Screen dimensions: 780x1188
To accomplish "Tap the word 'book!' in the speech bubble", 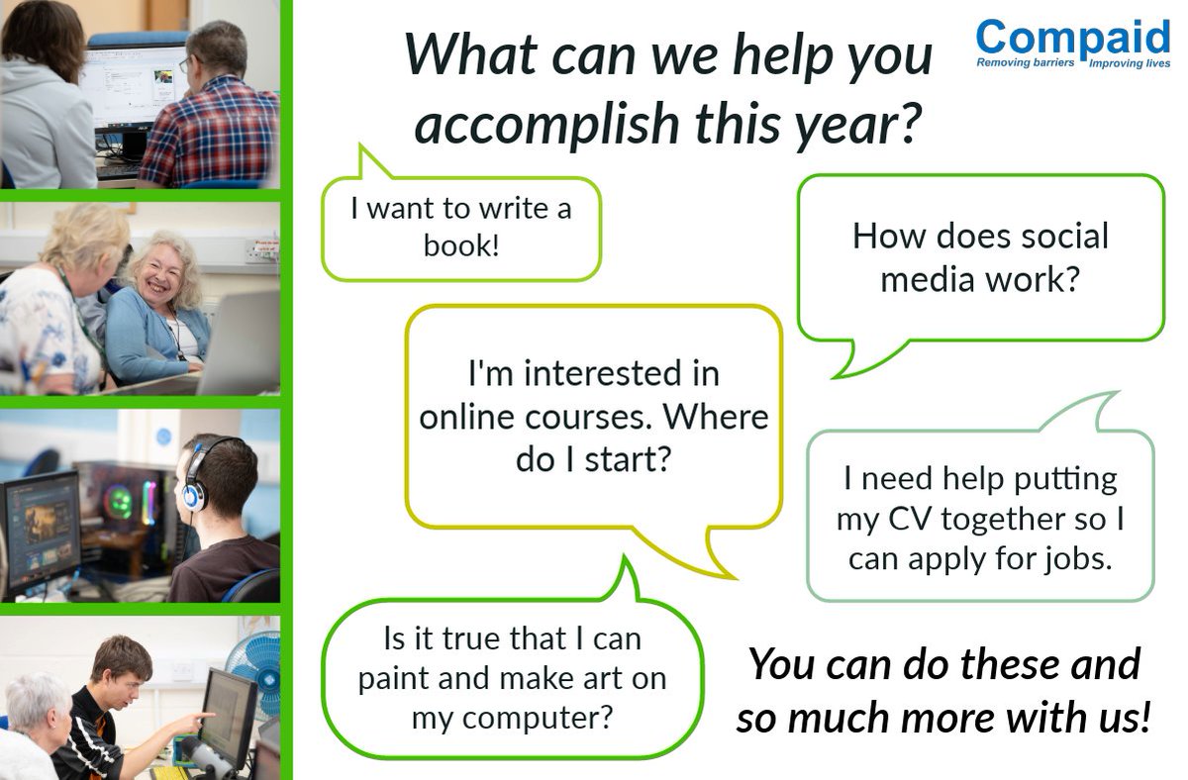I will (461, 244).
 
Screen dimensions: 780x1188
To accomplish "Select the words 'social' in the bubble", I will (1059, 237).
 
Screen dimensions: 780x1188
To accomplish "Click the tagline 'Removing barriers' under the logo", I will (1026, 62).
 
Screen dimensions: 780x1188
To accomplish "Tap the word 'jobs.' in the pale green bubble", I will (1077, 559).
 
